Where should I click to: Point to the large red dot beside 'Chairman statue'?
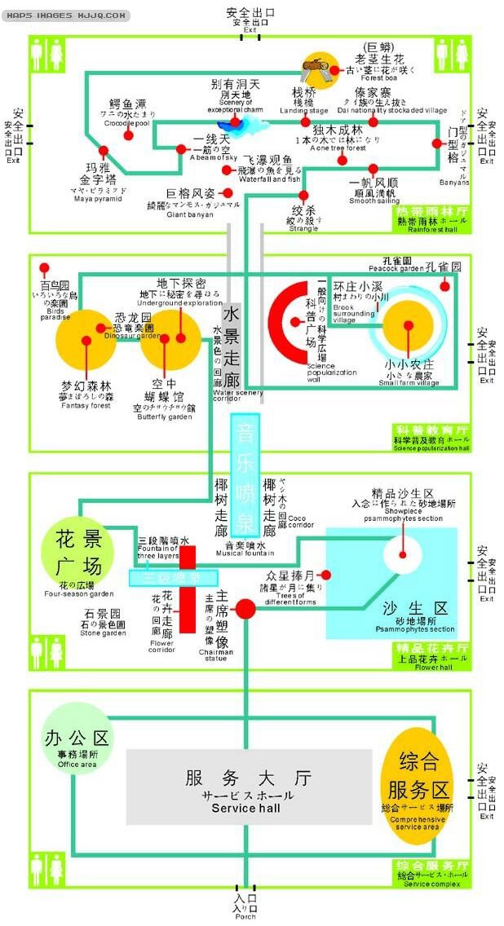245,607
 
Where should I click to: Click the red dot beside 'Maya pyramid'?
104,151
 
